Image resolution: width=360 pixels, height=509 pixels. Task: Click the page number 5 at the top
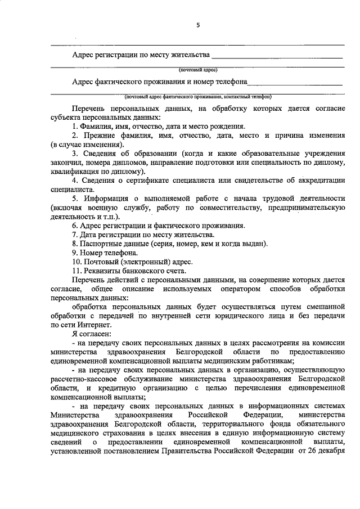(x=197, y=25)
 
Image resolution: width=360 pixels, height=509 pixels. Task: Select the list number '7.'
(x=75, y=234)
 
